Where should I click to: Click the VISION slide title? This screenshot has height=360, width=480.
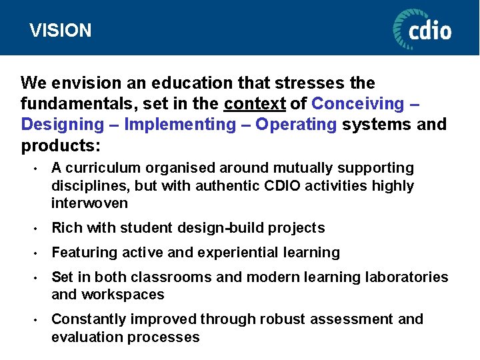(x=61, y=31)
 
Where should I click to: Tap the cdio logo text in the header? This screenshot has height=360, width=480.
(x=430, y=30)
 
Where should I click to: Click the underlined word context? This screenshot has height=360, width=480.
(x=255, y=104)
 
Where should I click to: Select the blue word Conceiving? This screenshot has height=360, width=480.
(x=357, y=104)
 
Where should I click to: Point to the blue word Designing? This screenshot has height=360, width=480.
(x=63, y=125)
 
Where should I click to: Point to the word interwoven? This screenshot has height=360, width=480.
(x=89, y=203)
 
